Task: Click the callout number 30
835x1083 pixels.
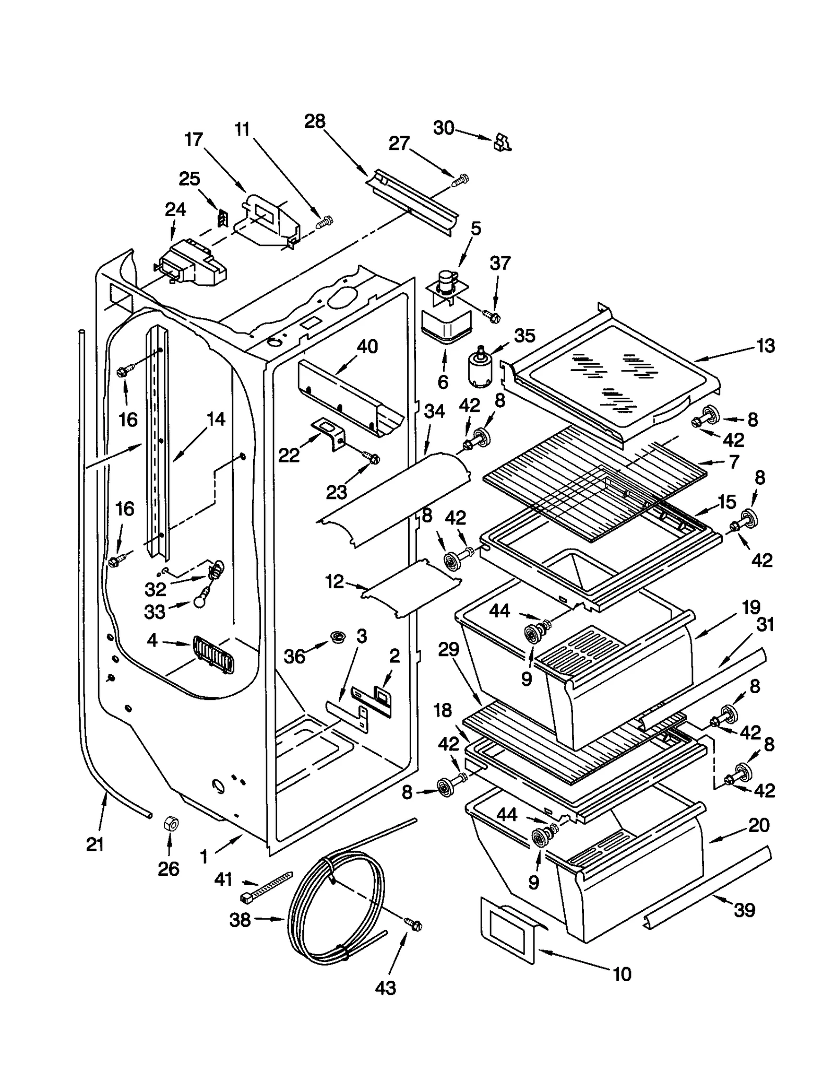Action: [x=444, y=128]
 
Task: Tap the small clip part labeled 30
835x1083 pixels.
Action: [x=502, y=142]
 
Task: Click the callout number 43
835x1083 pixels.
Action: [x=385, y=988]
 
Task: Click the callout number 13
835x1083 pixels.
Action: [x=766, y=346]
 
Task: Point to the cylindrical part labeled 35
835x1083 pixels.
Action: [x=479, y=368]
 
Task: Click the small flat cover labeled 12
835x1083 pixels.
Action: [x=412, y=587]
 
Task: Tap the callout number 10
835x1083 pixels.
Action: [x=622, y=974]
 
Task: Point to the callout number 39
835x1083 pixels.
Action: [x=744, y=910]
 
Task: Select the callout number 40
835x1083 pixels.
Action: [x=367, y=347]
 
